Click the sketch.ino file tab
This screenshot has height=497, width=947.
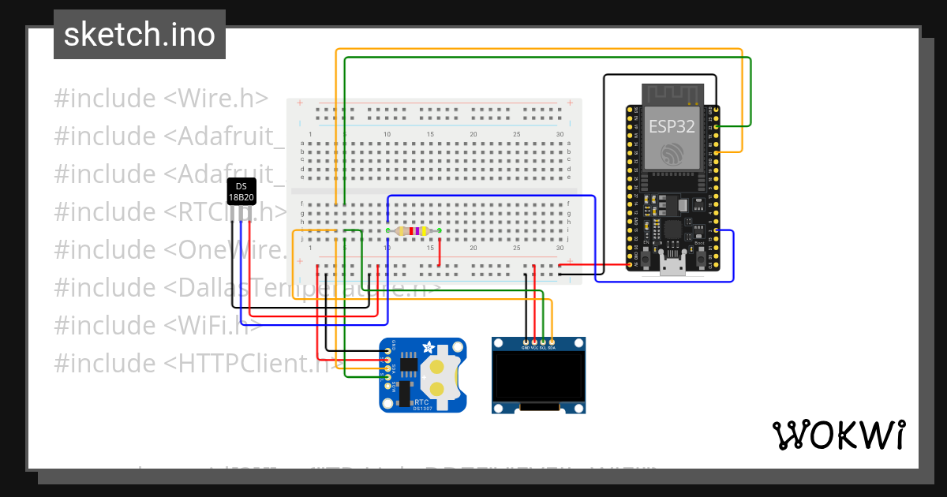click(x=139, y=35)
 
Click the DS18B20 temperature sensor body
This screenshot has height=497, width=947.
click(x=241, y=192)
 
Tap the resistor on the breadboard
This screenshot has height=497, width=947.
click(x=413, y=231)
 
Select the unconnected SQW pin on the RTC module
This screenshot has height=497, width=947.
click(x=387, y=385)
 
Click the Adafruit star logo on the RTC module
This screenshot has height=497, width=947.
click(x=427, y=347)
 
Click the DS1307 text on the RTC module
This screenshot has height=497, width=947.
click(x=421, y=408)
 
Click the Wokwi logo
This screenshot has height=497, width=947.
click(x=838, y=435)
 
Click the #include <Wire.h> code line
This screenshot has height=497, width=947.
click(x=161, y=99)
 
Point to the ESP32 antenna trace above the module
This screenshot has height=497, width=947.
click(x=672, y=93)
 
